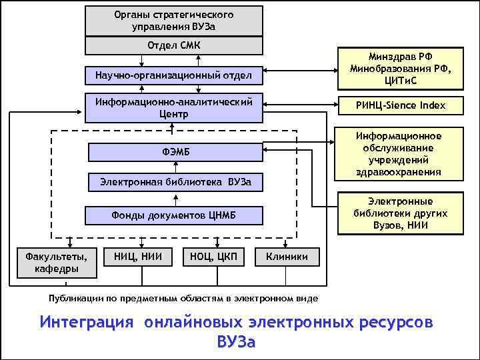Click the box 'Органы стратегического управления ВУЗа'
tap(174, 21)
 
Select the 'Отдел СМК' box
tap(174, 45)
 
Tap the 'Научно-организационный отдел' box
tap(174, 75)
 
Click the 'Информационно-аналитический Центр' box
tap(174, 108)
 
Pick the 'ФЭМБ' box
tap(174, 153)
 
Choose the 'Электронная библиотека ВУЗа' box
tap(174, 182)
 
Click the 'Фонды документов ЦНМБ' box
tap(174, 215)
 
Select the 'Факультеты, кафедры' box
tap(56, 262)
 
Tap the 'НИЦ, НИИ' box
tap(139, 256)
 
